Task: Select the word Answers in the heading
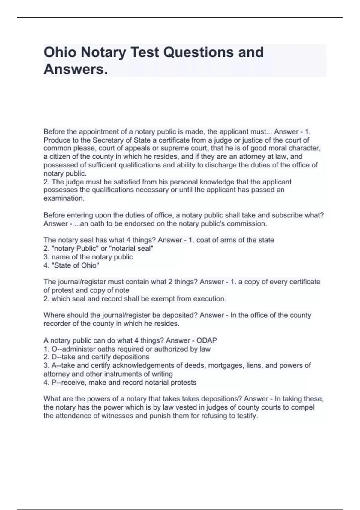pos(75,70)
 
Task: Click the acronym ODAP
pos(207,340)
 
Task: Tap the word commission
pos(251,224)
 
